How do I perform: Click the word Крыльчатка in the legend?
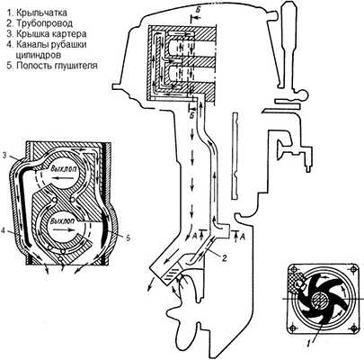41,13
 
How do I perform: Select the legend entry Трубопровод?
44,23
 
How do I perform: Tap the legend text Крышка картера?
51,34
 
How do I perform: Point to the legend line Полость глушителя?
57,66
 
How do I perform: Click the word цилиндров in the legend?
38,55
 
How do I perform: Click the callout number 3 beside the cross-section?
4,155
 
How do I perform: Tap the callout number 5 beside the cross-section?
128,238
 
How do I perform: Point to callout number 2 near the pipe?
224,256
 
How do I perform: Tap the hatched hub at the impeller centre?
318,300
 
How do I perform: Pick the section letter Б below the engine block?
192,115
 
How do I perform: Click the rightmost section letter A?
243,237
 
